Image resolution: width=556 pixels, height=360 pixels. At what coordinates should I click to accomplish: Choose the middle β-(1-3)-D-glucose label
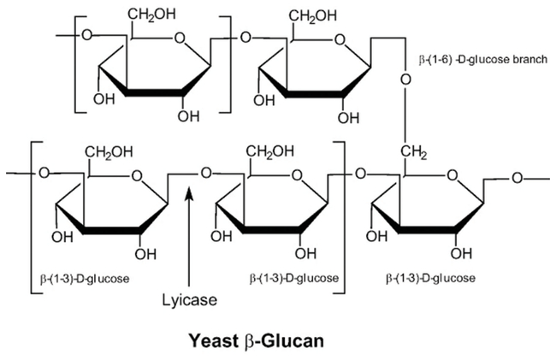coord(295,278)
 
